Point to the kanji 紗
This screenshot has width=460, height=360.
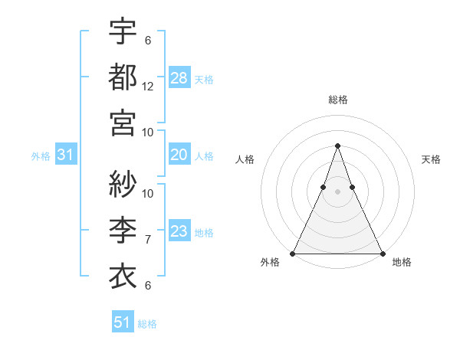point(123,185)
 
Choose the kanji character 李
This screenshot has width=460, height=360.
point(123,229)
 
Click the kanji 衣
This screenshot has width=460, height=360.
point(123,273)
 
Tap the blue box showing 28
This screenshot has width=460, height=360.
point(179,78)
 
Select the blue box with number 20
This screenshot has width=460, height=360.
point(179,155)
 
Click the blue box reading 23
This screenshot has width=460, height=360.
point(179,231)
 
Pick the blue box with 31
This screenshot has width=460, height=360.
point(66,155)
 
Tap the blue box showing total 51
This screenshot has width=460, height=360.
point(123,322)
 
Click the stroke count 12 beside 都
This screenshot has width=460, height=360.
point(148,87)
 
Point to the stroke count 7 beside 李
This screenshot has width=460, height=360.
point(148,240)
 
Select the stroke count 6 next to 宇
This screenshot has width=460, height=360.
point(148,41)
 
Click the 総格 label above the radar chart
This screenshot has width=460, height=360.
point(337,100)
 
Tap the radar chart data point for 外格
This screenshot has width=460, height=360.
point(293,254)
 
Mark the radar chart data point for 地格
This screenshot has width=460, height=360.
point(382,254)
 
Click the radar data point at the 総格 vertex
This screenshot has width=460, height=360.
point(337,146)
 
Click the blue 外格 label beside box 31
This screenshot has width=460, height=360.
point(41,155)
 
